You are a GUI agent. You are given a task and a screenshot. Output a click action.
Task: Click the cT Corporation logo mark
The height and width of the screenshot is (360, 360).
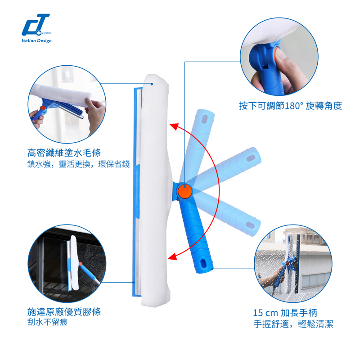pyautogui.click(x=36, y=25)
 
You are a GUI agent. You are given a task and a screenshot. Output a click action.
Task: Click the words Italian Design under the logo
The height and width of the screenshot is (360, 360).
pyautogui.click(x=36, y=41)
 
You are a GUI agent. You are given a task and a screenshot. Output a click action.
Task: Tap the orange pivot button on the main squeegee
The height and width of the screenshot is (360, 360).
pyautogui.click(x=185, y=191)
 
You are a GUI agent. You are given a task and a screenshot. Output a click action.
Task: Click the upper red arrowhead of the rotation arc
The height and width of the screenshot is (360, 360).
pyautogui.click(x=174, y=126)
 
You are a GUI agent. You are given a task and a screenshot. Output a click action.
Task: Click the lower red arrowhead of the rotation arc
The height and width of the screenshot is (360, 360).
pyautogui.click(x=173, y=256)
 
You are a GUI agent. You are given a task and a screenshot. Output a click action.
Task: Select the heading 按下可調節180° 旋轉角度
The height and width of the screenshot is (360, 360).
pyautogui.click(x=290, y=106)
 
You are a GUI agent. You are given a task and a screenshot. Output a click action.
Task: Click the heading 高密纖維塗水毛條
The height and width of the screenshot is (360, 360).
pyautogui.click(x=64, y=153)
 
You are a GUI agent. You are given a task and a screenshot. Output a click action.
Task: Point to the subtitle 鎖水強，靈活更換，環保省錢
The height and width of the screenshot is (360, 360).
pyautogui.click(x=78, y=164)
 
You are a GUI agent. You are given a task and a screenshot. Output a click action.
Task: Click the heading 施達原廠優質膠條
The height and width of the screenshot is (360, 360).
pyautogui.click(x=64, y=312)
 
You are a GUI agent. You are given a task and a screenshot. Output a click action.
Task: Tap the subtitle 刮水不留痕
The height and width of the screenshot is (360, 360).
pyautogui.click(x=47, y=322)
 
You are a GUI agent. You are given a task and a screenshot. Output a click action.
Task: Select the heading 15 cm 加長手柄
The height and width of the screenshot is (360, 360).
pyautogui.click(x=285, y=313)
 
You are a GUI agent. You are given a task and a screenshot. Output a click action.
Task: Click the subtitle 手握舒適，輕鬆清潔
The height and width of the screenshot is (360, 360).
pyautogui.click(x=293, y=324)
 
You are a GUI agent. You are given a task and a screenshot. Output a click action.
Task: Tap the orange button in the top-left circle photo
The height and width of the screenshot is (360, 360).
pyautogui.click(x=43, y=108)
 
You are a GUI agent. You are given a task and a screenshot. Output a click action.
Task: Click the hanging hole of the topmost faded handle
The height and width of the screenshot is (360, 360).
pyautogui.click(x=204, y=119)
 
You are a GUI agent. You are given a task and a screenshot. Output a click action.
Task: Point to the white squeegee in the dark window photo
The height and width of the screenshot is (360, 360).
pyautogui.click(x=74, y=263)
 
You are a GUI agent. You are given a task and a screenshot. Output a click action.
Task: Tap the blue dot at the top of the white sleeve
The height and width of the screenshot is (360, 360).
pyautogui.click(x=152, y=84)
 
